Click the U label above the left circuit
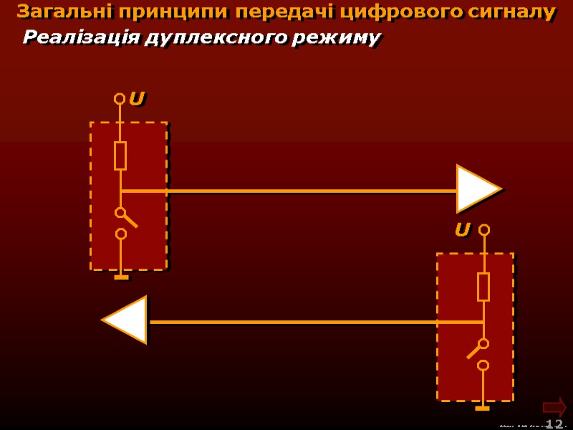click(136, 99)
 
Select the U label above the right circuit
click(462, 230)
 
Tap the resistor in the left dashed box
click(120, 156)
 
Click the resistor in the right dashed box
click(483, 287)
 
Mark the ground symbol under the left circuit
click(121, 277)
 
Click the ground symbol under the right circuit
click(483, 408)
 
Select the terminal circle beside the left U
click(120, 99)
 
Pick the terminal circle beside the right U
click(484, 230)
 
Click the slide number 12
click(554, 424)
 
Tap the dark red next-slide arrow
click(554, 406)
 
